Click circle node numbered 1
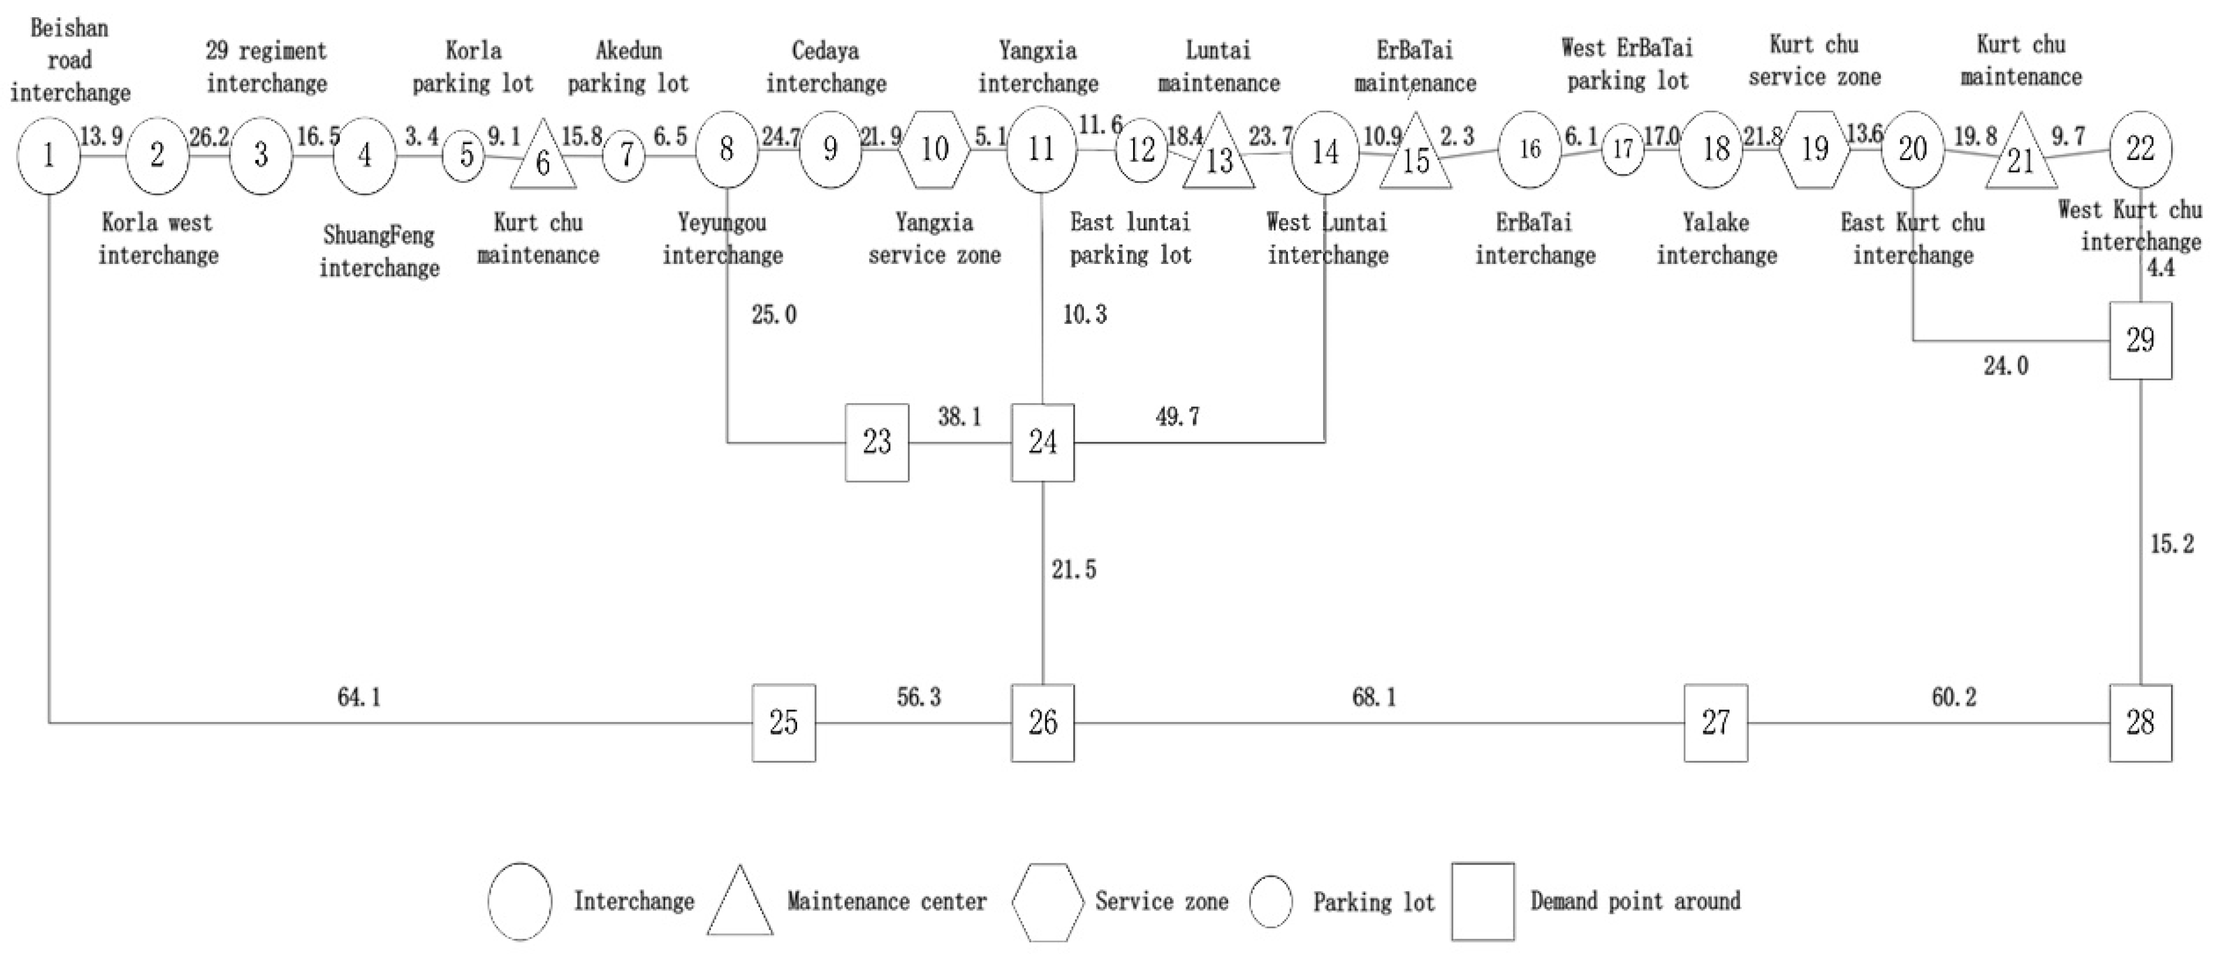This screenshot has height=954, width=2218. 49,155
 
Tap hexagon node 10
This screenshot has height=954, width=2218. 935,150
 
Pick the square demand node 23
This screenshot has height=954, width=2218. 876,442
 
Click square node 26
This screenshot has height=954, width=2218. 1042,722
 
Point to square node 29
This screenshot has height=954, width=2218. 2140,341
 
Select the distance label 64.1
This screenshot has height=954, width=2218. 359,697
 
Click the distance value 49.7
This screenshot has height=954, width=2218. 1177,417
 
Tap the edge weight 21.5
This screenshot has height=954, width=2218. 1074,569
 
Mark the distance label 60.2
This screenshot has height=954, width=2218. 1954,697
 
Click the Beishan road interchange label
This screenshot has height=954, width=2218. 70,60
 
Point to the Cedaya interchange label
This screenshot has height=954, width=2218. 826,67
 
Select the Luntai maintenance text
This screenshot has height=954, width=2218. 1219,67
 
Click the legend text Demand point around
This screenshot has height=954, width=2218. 1635,901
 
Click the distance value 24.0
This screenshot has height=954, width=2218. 2006,366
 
